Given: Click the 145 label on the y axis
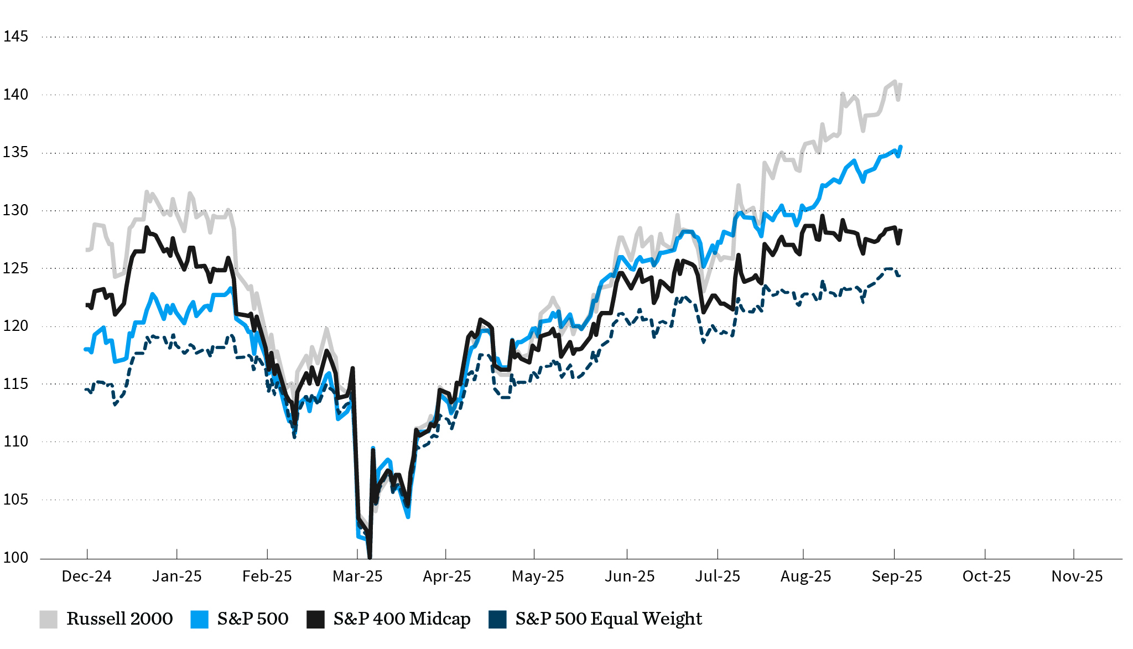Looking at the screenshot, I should [15, 37].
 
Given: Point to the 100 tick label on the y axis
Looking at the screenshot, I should [15, 558].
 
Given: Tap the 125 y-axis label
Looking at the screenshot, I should [15, 268].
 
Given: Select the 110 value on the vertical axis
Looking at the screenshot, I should [15, 442].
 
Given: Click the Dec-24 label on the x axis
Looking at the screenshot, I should [86, 577].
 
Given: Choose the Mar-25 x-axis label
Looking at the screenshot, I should [357, 577].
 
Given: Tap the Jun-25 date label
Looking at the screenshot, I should [630, 577].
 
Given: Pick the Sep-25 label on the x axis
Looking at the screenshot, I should [897, 577].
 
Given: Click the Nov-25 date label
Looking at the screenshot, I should [1077, 577].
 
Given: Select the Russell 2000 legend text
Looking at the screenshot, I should [119, 619].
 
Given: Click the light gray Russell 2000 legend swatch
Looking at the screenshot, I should [49, 619].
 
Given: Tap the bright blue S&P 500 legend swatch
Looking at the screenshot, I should [199, 619].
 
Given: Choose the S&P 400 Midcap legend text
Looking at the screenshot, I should [402, 619].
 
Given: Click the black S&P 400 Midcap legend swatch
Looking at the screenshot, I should [315, 619].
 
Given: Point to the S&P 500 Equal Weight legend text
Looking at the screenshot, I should [609, 619].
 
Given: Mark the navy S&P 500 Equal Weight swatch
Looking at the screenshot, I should [497, 619].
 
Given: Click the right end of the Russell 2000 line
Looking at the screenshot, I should [901, 84].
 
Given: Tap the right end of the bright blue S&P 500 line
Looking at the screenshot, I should [901, 147].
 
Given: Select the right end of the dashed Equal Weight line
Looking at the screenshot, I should [901, 276].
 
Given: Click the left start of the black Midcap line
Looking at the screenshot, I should [87, 305].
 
